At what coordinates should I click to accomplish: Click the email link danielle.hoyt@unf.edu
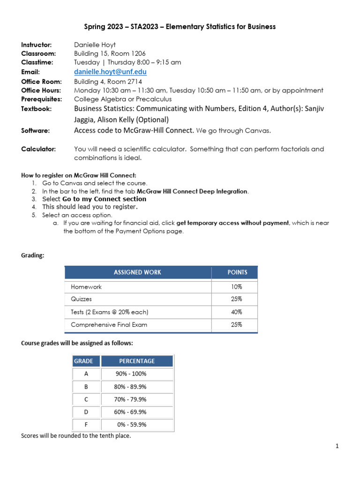(110, 72)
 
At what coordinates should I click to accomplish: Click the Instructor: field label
(37, 45)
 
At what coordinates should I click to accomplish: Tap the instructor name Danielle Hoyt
(97, 45)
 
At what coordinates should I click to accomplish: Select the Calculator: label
(38, 149)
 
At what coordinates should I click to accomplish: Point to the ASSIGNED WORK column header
(137, 272)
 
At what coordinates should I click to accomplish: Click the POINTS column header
(237, 272)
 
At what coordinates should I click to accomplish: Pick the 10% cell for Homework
(236, 286)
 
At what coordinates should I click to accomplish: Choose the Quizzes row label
(82, 299)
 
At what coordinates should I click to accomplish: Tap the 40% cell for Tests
(236, 312)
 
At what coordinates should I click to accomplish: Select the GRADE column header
(86, 361)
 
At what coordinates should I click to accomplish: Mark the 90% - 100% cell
(131, 374)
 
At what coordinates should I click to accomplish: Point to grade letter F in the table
(86, 425)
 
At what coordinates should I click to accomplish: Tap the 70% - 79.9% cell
(131, 399)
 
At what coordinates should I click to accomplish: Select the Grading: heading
(32, 255)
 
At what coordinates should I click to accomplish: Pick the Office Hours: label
(41, 90)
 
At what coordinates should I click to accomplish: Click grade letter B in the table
(86, 387)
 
